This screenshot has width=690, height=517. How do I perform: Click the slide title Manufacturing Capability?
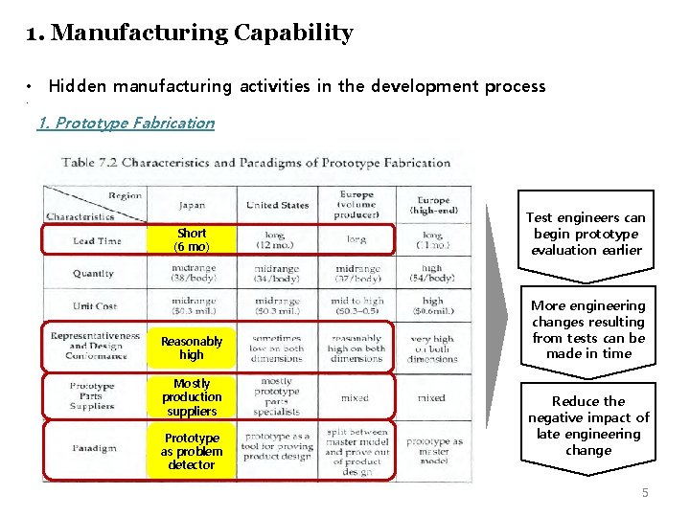(x=190, y=34)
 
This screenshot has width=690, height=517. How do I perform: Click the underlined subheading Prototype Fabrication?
(x=126, y=123)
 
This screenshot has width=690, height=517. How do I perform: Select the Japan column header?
(x=191, y=205)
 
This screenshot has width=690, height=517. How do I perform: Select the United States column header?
(x=277, y=205)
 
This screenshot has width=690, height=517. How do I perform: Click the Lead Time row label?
(x=97, y=240)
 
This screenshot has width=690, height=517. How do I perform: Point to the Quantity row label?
(x=93, y=273)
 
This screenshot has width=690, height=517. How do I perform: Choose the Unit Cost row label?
(x=94, y=305)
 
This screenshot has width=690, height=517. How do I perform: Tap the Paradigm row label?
(x=93, y=447)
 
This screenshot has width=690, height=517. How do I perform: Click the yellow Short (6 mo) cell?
(x=192, y=239)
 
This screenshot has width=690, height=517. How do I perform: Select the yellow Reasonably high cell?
(x=192, y=348)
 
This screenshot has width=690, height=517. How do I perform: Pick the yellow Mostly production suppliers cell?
(x=191, y=397)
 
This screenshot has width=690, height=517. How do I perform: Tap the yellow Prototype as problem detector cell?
(x=192, y=451)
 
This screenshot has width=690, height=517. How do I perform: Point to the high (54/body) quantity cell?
(x=431, y=273)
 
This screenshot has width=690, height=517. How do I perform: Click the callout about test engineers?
(x=586, y=235)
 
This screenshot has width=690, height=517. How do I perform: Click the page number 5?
(x=645, y=492)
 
